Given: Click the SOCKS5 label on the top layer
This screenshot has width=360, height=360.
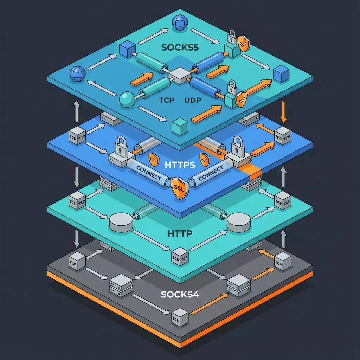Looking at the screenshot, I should coord(180,47).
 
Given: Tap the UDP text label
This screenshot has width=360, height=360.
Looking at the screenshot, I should coord(193,101).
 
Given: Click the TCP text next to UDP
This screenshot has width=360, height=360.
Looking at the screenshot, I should coord(167,101).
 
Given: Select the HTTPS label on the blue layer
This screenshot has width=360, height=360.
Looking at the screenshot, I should coord(180,165).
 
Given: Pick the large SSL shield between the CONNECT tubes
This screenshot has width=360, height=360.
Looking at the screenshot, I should coord(180,188).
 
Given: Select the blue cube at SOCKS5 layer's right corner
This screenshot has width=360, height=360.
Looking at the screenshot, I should coord(281,74).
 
